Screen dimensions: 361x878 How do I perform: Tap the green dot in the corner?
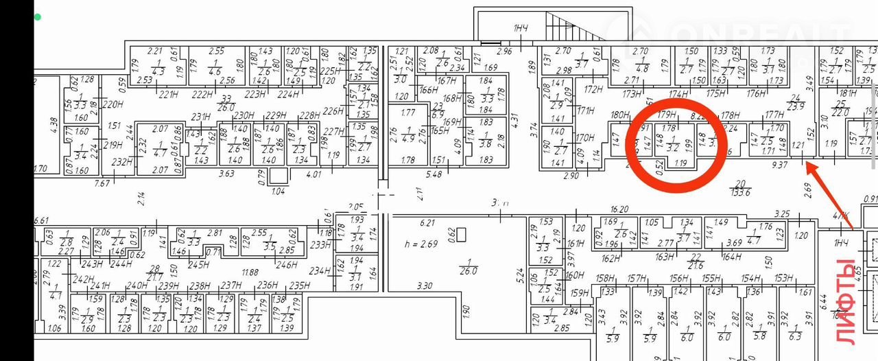point(38,16)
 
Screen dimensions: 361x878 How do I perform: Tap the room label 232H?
point(121,163)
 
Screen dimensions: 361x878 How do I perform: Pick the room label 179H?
point(667,115)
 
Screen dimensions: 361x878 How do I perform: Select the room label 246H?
point(285,265)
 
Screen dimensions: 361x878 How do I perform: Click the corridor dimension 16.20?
point(619,209)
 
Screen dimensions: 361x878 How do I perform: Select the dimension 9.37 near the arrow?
point(781,165)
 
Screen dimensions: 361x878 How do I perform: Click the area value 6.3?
point(795,336)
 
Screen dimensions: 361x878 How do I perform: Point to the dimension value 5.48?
point(434,174)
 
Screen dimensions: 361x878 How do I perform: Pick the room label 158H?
point(605,279)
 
